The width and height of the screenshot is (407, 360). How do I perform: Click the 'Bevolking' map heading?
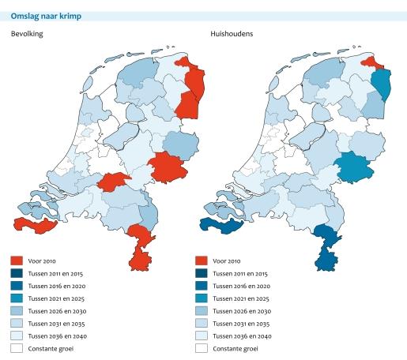pos(27,35)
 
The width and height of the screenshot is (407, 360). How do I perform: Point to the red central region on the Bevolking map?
pos(115,182)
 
